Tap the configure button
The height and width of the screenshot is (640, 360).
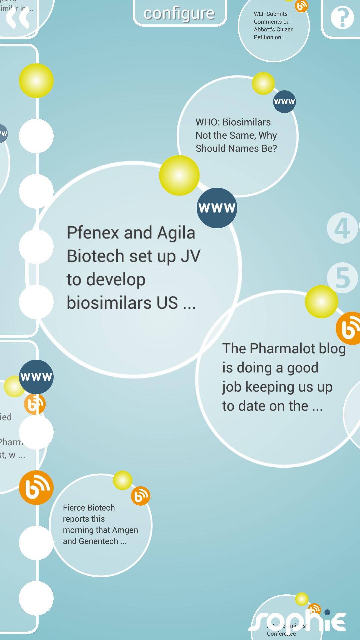[x=179, y=13]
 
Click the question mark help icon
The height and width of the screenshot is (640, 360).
[x=342, y=17]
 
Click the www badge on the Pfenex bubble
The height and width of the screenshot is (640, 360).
[x=217, y=208]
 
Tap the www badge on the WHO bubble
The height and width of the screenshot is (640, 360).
[x=284, y=102]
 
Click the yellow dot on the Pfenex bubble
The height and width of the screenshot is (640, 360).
[x=179, y=175]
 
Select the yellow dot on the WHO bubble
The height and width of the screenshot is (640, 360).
[x=263, y=83]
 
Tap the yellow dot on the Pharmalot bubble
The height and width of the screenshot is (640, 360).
[x=321, y=302]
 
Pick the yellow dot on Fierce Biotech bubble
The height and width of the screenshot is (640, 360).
[x=123, y=480]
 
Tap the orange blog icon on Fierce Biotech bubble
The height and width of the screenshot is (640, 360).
[x=140, y=496]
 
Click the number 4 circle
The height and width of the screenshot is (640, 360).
[x=342, y=228]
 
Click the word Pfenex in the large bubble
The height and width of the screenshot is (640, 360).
[x=93, y=233]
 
